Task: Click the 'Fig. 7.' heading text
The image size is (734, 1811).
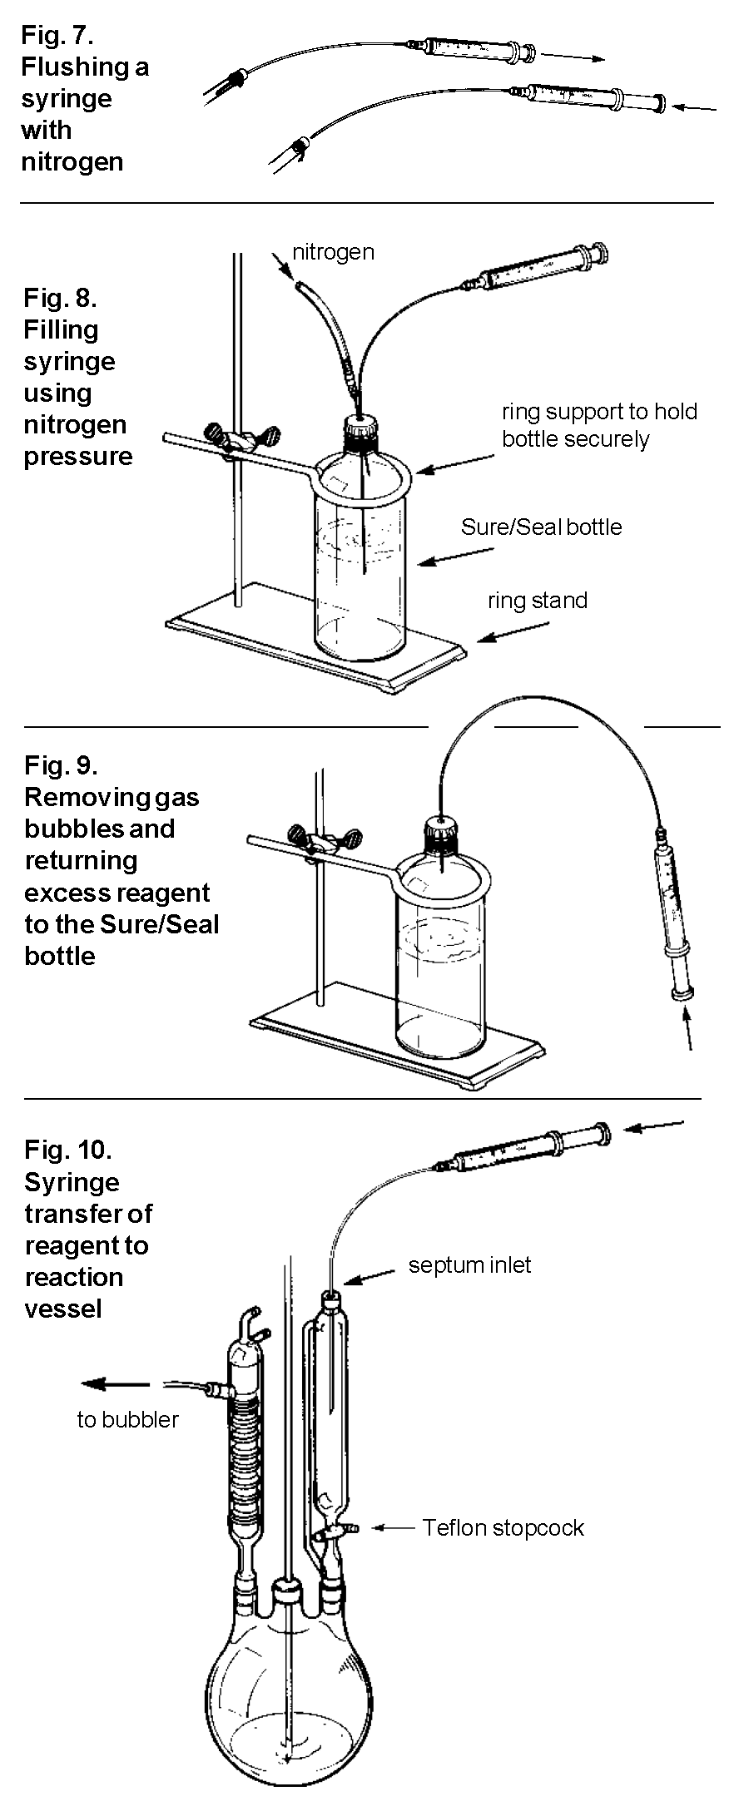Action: tap(57, 35)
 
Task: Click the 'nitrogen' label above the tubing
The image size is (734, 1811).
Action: tap(333, 252)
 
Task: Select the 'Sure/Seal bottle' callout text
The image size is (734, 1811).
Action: tap(541, 527)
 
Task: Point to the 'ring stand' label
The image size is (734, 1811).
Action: tap(538, 601)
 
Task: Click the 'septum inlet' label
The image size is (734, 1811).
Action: tap(469, 1265)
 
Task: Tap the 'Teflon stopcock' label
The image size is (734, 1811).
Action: tap(503, 1528)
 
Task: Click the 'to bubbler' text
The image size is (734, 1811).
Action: tap(127, 1419)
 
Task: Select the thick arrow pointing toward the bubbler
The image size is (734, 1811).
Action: tap(115, 1384)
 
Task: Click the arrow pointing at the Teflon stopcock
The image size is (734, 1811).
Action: tap(392, 1527)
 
